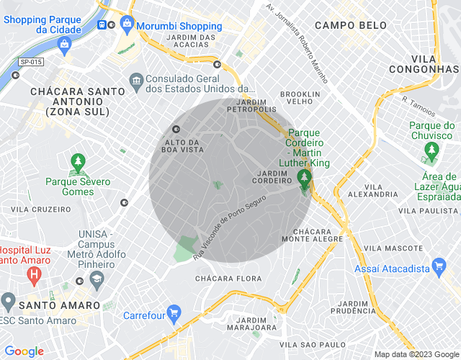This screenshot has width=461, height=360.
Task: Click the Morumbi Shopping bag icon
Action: (127, 24)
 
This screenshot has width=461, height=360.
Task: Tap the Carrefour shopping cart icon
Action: (174, 313)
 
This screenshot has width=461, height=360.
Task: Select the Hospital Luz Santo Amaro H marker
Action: (33, 274)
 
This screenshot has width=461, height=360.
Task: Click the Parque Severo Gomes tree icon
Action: (78, 163)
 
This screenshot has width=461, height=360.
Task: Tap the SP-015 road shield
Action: (31, 63)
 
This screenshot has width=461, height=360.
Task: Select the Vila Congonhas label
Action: (434, 63)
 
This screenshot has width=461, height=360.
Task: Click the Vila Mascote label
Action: (393, 248)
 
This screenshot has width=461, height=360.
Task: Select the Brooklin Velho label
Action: (300, 98)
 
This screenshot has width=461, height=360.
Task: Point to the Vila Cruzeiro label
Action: (42, 210)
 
